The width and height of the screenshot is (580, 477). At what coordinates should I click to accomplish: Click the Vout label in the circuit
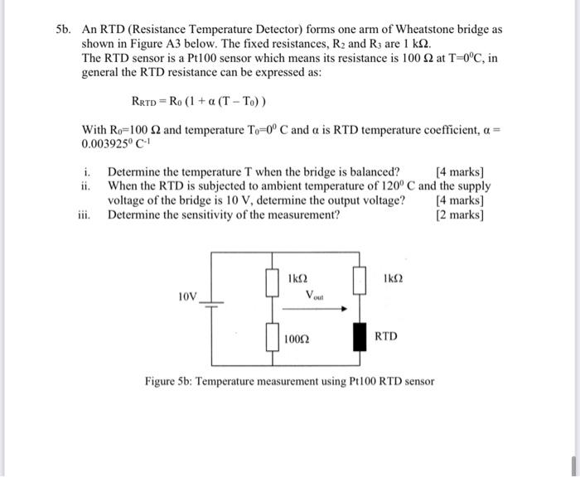316,295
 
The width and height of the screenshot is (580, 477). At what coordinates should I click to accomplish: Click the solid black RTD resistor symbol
360,337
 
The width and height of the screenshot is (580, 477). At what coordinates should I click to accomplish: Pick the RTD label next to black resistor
386,337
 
